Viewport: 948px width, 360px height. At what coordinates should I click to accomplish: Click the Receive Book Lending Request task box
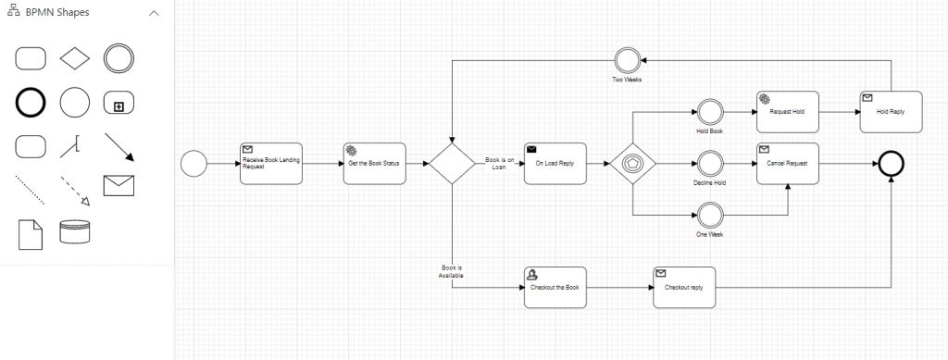point(270,164)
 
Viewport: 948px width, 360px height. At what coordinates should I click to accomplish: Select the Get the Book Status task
point(373,164)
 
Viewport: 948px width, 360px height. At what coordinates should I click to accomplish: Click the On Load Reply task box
point(555,164)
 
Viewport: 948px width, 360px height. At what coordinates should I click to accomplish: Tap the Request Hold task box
point(788,112)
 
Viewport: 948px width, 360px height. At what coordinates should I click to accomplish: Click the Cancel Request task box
point(788,164)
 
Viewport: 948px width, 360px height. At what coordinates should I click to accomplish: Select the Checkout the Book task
point(555,288)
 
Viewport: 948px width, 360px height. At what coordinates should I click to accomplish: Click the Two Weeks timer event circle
point(627,60)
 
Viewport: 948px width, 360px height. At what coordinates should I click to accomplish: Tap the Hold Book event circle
point(709,112)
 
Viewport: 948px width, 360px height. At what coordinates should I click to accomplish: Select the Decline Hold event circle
point(709,164)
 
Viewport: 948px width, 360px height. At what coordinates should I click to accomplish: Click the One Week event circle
point(709,216)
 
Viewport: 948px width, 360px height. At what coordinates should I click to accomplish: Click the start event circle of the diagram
point(193,164)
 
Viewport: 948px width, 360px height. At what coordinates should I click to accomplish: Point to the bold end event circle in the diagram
point(892,164)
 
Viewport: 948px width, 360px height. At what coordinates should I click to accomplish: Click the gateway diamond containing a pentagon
point(633,164)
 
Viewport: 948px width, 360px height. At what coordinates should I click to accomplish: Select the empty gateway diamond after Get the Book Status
point(451,164)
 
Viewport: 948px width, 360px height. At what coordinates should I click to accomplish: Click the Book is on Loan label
point(500,164)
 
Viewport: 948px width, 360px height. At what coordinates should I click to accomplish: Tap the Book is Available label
point(451,271)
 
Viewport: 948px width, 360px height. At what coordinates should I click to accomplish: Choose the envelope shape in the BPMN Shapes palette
point(119,188)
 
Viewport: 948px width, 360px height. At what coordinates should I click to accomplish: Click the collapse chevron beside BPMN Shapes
point(154,14)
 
